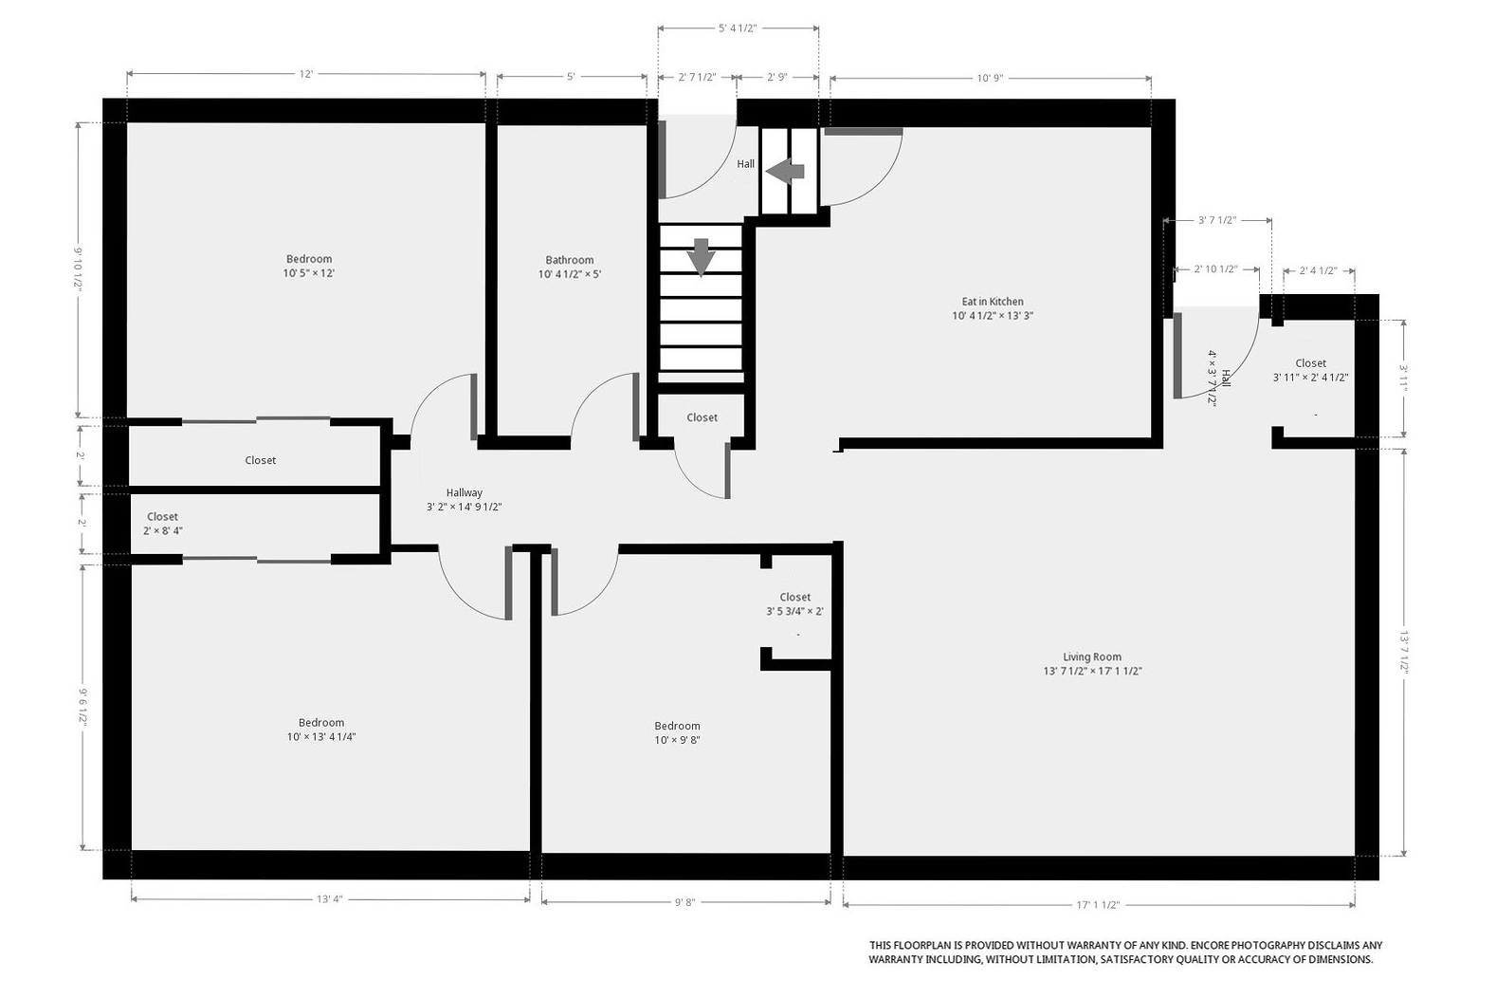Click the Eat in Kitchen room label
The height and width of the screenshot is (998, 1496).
click(x=993, y=302)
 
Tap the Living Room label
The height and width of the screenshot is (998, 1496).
click(x=1092, y=656)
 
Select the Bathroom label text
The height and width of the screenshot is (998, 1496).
click(x=569, y=260)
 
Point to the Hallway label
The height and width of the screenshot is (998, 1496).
click(x=465, y=492)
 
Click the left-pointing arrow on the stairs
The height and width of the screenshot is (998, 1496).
click(x=785, y=171)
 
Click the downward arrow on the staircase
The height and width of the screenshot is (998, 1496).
click(x=701, y=257)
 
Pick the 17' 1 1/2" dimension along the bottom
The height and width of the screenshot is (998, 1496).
click(x=1098, y=905)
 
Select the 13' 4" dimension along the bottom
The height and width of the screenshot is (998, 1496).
click(x=329, y=899)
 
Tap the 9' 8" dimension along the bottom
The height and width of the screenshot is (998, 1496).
click(x=684, y=902)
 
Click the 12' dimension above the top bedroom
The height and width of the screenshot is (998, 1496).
click(x=306, y=74)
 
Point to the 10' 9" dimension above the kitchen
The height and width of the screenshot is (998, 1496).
click(x=990, y=78)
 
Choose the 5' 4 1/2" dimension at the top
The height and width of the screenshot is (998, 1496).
click(x=738, y=28)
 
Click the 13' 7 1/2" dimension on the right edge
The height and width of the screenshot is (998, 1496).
click(x=1404, y=652)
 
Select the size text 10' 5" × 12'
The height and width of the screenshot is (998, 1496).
click(x=308, y=272)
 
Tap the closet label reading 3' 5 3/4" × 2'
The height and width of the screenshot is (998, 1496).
click(x=794, y=611)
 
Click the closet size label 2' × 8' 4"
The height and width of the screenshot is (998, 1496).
click(x=163, y=530)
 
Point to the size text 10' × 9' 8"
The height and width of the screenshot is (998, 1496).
click(x=677, y=740)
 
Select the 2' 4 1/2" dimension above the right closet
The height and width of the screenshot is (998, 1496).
click(x=1318, y=270)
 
